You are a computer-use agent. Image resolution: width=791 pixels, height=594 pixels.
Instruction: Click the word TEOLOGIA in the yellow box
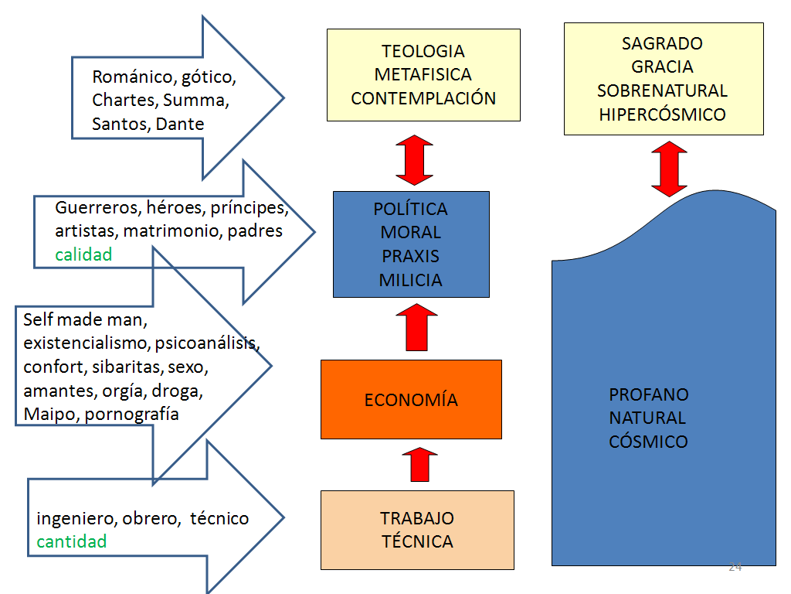(423, 51)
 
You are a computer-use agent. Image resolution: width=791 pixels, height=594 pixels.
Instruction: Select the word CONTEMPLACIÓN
(423, 98)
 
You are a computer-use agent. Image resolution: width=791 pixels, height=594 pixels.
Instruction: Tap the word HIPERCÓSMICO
(662, 114)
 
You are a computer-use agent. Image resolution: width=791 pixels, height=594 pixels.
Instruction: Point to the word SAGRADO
(662, 43)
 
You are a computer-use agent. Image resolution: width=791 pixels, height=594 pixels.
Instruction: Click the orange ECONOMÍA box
(411, 400)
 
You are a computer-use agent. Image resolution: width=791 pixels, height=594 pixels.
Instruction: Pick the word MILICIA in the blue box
(411, 280)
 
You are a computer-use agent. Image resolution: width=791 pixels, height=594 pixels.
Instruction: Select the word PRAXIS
(411, 257)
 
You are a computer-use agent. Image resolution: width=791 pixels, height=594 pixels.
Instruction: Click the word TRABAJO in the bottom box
(417, 518)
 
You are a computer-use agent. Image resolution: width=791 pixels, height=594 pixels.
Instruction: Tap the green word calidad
(83, 254)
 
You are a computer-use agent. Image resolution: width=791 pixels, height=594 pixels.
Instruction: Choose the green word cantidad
(72, 541)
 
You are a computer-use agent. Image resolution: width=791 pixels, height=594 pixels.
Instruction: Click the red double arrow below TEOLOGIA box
(415, 160)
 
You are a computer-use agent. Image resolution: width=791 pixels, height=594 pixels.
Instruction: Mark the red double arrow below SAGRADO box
(670, 169)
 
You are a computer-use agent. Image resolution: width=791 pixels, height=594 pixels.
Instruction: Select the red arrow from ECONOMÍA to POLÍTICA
(416, 327)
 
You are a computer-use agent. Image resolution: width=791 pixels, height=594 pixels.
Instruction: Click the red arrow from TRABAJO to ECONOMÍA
(419, 465)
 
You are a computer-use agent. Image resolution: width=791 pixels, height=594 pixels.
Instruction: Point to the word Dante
(179, 124)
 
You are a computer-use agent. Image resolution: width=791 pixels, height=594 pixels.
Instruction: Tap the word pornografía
(131, 415)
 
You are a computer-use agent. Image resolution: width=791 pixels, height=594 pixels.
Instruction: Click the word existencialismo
(86, 343)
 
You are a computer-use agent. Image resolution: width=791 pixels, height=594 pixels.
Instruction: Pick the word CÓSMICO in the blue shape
(648, 442)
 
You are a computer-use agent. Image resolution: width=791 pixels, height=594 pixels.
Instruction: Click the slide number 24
(735, 567)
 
